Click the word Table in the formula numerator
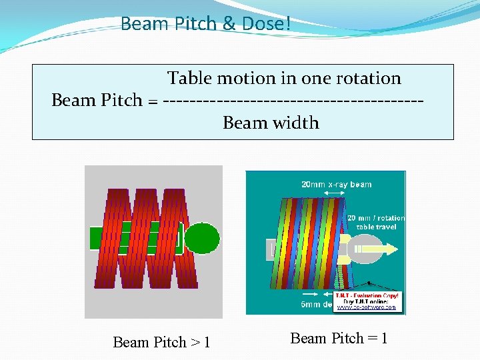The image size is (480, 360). tap(189, 78)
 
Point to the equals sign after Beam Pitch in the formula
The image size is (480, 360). tap(153, 101)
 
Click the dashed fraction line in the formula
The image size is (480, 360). tap(293, 101)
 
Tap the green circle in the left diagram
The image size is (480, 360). tap(201, 238)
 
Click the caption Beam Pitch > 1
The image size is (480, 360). tap(161, 342)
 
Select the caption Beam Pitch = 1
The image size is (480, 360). tap(339, 338)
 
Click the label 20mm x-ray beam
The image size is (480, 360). tap(337, 184)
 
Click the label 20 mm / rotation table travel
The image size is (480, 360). tap(376, 222)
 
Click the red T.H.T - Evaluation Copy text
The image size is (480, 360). tap(367, 295)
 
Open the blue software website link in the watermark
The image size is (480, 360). tap(366, 307)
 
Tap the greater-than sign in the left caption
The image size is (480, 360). tap(195, 343)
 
